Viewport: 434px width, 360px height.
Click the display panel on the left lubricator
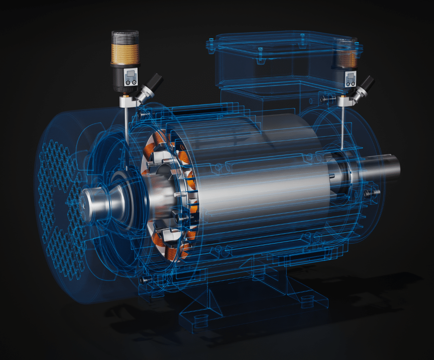point(130,77)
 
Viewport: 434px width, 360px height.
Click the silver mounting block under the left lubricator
point(126,102)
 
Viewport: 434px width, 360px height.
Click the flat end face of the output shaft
point(396,167)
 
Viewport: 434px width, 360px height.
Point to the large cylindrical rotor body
point(260,182)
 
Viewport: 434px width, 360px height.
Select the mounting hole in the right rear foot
point(309,299)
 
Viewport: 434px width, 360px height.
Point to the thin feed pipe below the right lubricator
point(342,126)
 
